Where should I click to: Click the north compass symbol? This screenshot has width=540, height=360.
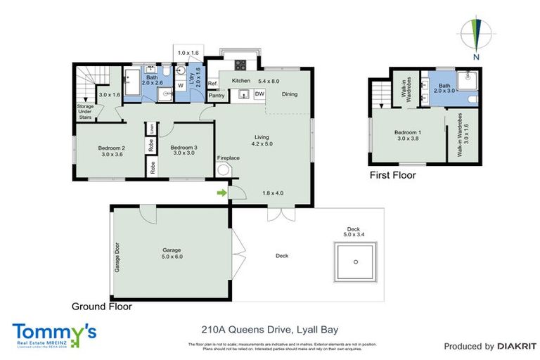477,34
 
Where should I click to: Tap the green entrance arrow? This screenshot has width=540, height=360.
222,193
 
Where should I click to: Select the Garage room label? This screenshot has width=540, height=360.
172,253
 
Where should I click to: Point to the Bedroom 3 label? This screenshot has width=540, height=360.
184,150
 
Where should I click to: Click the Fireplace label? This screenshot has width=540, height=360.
228,158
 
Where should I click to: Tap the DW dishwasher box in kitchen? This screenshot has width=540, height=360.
259,94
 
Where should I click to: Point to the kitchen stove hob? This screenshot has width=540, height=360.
240,66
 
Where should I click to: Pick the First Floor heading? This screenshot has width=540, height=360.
392,175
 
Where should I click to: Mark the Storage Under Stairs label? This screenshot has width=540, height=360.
85,112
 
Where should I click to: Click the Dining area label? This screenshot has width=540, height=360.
289,94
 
